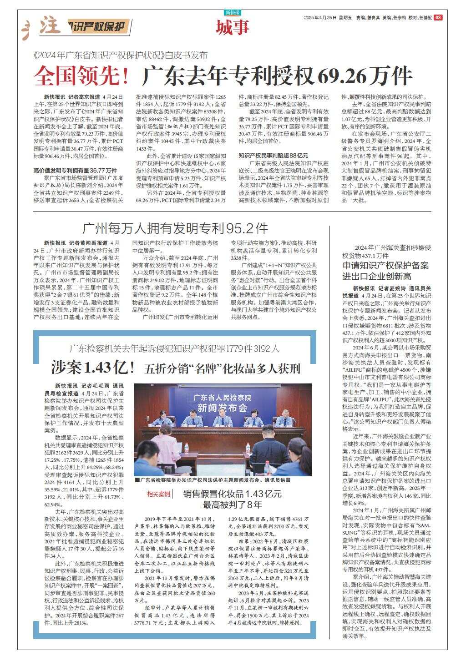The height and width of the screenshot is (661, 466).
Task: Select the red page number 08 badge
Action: (438, 18)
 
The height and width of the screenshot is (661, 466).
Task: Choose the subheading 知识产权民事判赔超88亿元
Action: (273, 155)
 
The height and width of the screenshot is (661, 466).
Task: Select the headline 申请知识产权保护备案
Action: (385, 266)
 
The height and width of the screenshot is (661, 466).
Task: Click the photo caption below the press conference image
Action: (212, 480)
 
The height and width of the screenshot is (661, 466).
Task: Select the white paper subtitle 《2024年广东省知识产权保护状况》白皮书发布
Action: (121, 56)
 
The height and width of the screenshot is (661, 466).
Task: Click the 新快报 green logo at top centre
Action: (233, 13)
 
